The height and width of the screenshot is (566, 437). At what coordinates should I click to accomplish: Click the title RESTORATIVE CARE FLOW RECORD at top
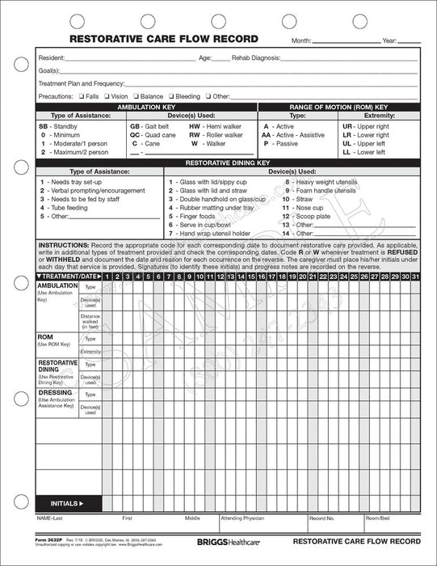point(164,38)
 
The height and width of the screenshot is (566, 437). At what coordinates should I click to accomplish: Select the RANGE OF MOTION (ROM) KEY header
point(338,107)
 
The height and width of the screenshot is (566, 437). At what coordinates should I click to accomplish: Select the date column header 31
point(415,277)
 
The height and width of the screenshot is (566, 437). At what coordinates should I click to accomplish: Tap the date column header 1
point(107,277)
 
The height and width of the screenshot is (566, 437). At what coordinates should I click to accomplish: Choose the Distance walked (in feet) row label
point(90,320)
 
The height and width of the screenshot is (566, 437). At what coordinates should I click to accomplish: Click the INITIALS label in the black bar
point(66,503)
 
